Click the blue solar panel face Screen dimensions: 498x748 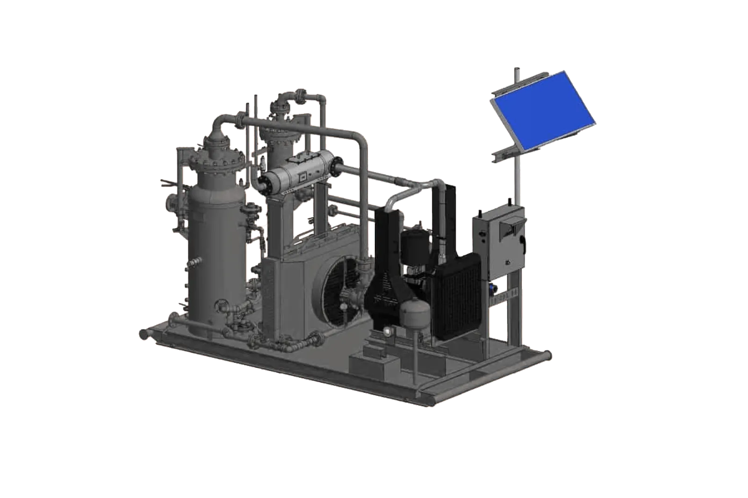click(x=542, y=113)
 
